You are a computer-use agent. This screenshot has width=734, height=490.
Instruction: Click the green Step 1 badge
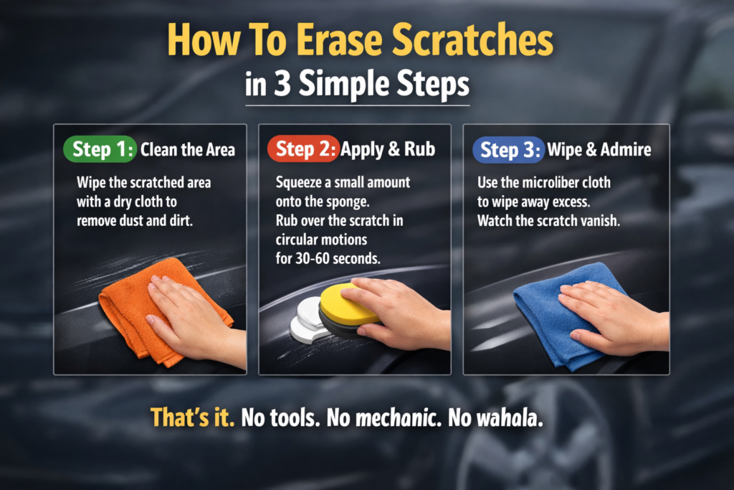(100, 149)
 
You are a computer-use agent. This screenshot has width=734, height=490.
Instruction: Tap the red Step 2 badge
(303, 149)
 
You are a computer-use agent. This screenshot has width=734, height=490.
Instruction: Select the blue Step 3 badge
(508, 150)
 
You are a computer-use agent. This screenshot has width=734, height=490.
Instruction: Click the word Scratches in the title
(472, 40)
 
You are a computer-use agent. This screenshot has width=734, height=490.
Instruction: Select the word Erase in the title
(339, 40)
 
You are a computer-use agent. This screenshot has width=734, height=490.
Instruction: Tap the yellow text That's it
(192, 417)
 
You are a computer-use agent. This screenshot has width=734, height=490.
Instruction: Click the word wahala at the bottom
(509, 418)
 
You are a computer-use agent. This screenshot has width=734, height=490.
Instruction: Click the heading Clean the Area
(188, 150)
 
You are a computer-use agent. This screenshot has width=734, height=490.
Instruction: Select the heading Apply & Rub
(388, 150)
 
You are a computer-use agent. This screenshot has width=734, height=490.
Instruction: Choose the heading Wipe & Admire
(599, 150)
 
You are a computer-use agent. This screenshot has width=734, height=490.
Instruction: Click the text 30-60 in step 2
(313, 258)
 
